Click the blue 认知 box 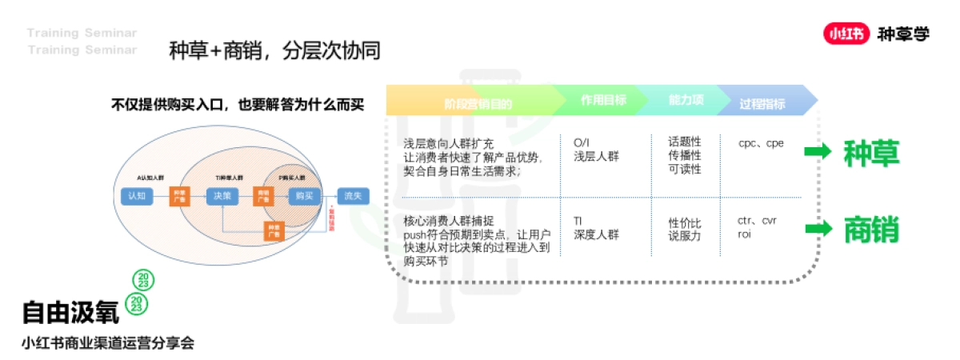[x=134, y=195]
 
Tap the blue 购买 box [x=303, y=195]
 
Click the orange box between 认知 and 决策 [x=179, y=195]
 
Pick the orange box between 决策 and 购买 [x=262, y=195]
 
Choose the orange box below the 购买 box [x=273, y=230]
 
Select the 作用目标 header [x=603, y=101]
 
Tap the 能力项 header [x=686, y=101]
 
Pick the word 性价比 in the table [x=685, y=222]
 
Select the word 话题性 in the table [x=685, y=142]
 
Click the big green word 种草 [x=871, y=154]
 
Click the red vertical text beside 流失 [x=331, y=218]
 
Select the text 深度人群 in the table [x=597, y=234]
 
